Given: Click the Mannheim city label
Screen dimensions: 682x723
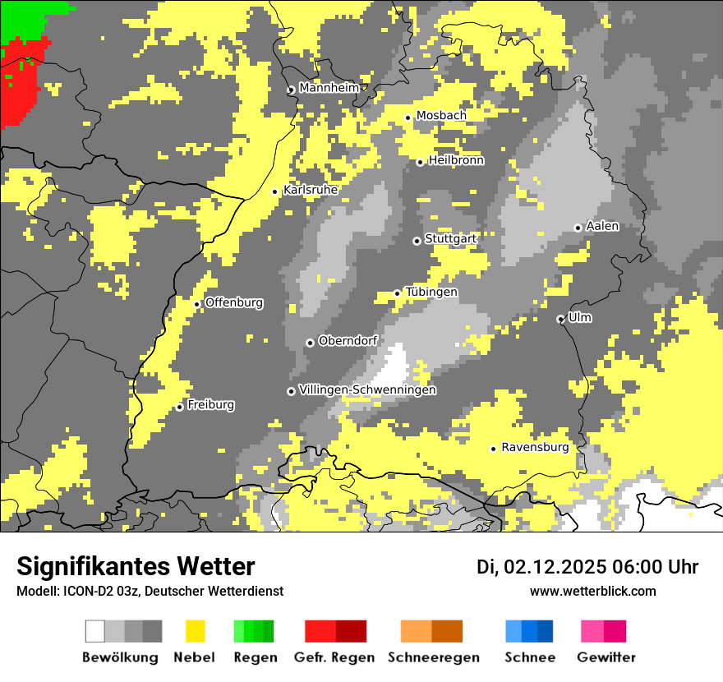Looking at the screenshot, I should [x=329, y=88].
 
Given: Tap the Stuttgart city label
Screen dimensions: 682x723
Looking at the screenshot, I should [x=451, y=239].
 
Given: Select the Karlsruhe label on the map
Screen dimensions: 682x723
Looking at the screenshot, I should [x=311, y=190].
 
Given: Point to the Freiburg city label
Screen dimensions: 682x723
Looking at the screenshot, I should [x=210, y=405].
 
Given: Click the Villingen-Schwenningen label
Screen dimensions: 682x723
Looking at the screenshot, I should [x=367, y=389].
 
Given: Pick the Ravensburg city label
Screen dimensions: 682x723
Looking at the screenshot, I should [x=535, y=448].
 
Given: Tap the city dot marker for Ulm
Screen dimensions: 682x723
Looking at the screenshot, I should [x=560, y=319].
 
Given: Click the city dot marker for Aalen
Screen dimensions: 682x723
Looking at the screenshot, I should [x=578, y=228].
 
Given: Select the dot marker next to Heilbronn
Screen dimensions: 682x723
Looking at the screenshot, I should [x=420, y=162].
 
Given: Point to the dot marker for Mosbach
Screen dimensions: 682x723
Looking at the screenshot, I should [x=408, y=118].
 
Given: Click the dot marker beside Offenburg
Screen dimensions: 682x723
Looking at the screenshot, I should [x=197, y=304].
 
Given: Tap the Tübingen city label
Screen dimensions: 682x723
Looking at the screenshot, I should [x=431, y=293].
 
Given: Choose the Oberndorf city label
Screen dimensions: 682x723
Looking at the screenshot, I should [x=348, y=341].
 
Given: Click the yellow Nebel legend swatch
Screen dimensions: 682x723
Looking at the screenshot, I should [x=195, y=631].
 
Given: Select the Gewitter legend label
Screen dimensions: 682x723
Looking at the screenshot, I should [x=606, y=657].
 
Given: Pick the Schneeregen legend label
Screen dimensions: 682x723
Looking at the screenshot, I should [x=433, y=657].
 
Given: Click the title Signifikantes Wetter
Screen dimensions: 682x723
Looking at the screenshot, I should [x=136, y=566].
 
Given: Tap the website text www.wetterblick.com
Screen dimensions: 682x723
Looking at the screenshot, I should [x=592, y=591].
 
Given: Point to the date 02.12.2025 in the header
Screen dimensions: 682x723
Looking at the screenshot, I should [x=555, y=567].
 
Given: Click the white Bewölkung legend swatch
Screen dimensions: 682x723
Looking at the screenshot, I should [x=95, y=631].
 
